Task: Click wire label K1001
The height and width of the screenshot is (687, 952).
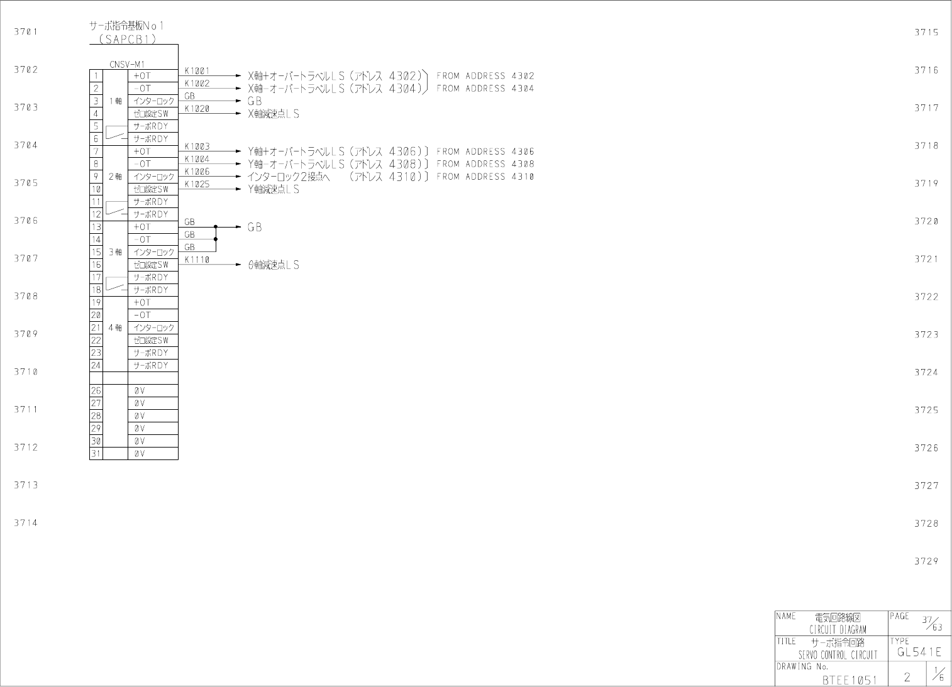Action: click(x=197, y=71)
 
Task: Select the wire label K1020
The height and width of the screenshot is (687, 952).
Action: click(x=197, y=109)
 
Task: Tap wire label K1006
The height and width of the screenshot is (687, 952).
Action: click(x=197, y=172)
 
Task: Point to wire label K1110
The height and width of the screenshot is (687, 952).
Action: click(x=197, y=260)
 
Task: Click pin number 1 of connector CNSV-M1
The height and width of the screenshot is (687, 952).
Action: click(x=96, y=76)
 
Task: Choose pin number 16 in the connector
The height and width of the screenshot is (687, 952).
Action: click(x=96, y=265)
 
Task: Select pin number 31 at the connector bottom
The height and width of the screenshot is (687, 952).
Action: click(x=96, y=453)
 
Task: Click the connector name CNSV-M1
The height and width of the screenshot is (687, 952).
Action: click(x=127, y=64)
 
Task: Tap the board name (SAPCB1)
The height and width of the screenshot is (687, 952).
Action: click(x=124, y=38)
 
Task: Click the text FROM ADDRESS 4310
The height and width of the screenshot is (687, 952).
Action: click(x=485, y=177)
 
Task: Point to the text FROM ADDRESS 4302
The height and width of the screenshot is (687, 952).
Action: click(x=485, y=76)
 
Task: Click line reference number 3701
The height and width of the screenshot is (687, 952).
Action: click(x=26, y=31)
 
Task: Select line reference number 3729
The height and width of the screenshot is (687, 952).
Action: click(x=926, y=561)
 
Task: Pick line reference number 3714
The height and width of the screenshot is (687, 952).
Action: click(x=26, y=523)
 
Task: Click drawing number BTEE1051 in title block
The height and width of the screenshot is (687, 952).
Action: click(x=849, y=680)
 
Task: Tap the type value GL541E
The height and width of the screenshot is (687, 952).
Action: click(x=919, y=652)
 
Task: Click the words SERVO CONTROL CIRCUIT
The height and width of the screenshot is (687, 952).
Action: click(x=838, y=655)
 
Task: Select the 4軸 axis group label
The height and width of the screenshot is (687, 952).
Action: click(x=115, y=327)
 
